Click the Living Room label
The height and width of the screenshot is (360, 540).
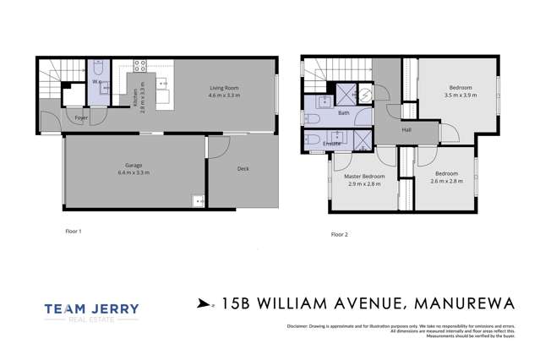click(224, 88)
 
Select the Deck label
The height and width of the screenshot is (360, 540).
click(243, 169)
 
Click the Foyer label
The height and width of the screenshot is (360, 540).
click(81, 117)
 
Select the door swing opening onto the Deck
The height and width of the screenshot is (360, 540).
click(218, 147)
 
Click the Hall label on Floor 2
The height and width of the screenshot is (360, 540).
click(406, 129)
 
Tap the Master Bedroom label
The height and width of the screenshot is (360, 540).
click(364, 176)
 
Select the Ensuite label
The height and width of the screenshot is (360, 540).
click(332, 143)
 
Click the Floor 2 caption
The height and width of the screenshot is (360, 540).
click(340, 233)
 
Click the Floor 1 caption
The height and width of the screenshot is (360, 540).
click(74, 230)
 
